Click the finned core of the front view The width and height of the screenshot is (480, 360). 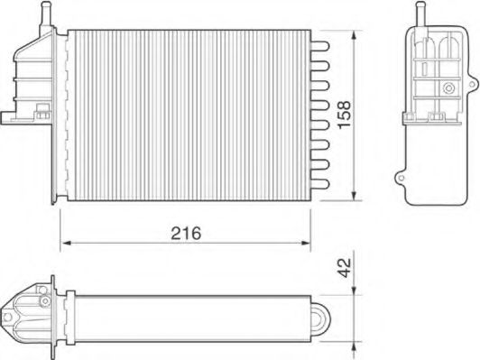pyautogui.click(x=189, y=113)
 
